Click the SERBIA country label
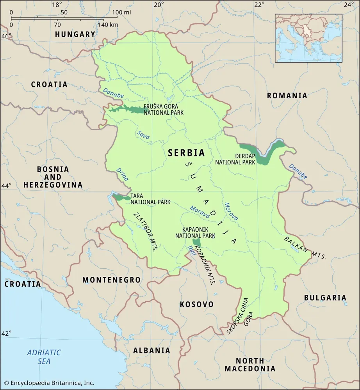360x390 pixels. click(186, 153)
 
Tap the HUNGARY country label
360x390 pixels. click(75, 34)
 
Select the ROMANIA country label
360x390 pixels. click(287, 96)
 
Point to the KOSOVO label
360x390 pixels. click(196, 304)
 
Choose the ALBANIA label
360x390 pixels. click(151, 350)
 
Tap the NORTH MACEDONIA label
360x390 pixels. click(250, 364)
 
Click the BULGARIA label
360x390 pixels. click(325, 298)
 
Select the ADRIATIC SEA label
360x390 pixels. click(44, 357)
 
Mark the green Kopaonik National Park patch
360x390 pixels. click(196, 242)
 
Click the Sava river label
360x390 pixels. click(143, 135)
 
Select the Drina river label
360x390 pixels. click(122, 174)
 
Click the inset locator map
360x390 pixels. click(308, 38)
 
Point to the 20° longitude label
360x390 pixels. click(159, 5)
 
